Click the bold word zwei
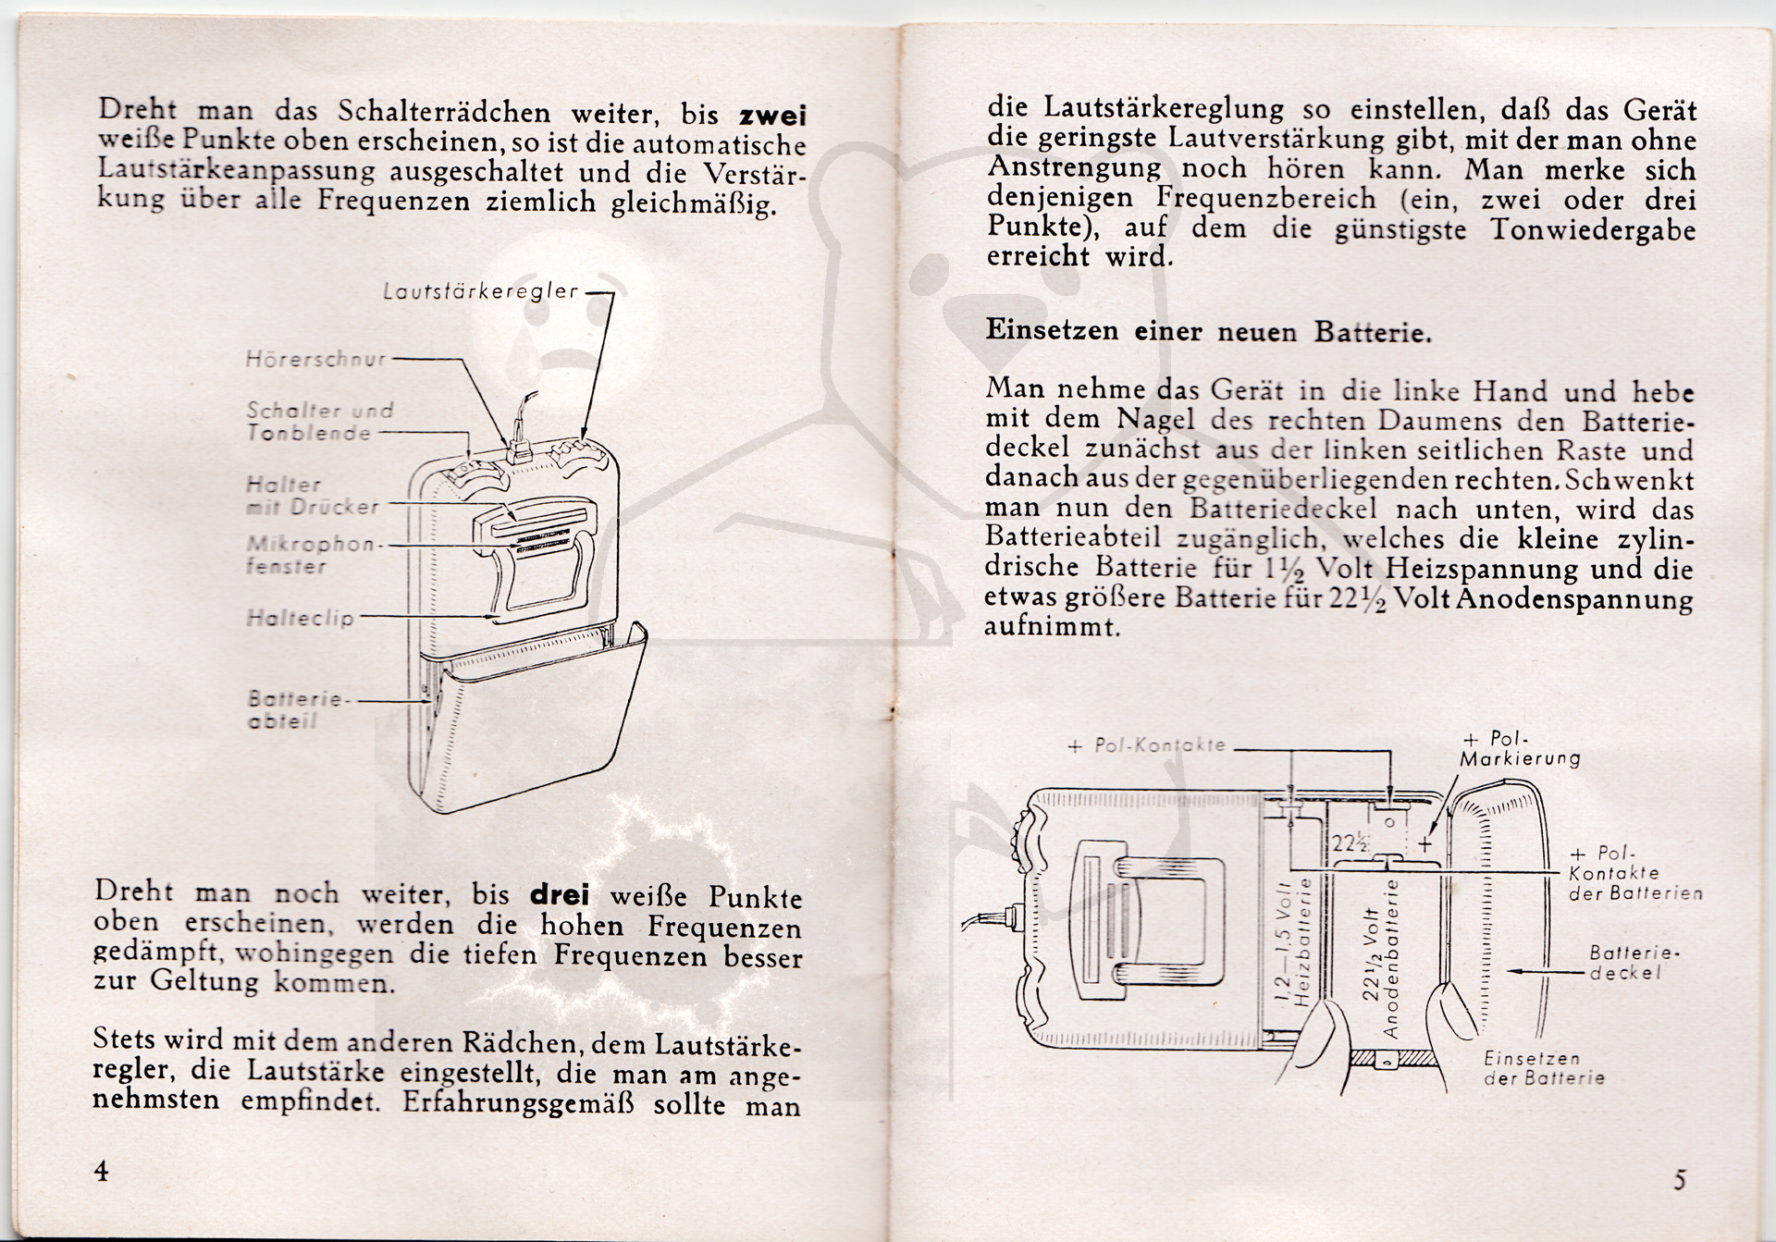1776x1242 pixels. pyautogui.click(x=772, y=116)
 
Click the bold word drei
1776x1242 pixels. pyautogui.click(x=559, y=895)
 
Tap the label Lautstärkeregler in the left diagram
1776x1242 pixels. pyautogui.click(x=481, y=291)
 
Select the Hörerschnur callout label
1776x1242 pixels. pyautogui.click(x=315, y=359)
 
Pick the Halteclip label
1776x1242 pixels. pyautogui.click(x=300, y=618)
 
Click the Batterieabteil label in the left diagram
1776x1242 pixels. pyautogui.click(x=294, y=709)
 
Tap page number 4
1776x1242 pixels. pyautogui.click(x=101, y=1171)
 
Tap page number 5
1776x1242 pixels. pyautogui.click(x=1680, y=1179)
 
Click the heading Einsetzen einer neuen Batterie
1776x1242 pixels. pyautogui.click(x=1208, y=331)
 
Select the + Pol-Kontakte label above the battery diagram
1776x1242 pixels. pyautogui.click(x=1146, y=744)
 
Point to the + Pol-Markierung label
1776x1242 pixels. pyautogui.click(x=1519, y=749)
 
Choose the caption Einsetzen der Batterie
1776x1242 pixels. pyautogui.click(x=1543, y=1068)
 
